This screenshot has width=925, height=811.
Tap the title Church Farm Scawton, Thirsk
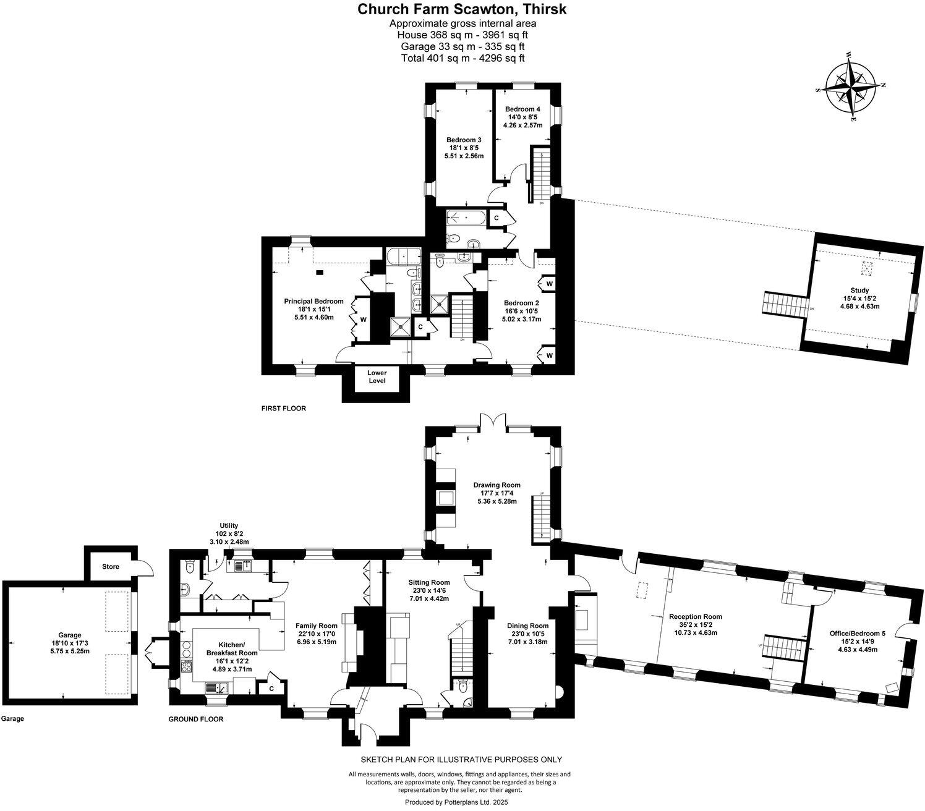click(462, 9)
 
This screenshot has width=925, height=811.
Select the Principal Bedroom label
click(313, 301)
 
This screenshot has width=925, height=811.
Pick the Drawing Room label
click(497, 485)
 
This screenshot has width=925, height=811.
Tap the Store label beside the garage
click(111, 566)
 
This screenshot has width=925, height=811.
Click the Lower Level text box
click(377, 377)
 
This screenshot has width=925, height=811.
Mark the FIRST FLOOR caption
click(284, 409)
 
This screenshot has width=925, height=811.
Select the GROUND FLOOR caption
click(196, 719)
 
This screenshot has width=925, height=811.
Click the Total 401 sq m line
click(462, 58)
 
